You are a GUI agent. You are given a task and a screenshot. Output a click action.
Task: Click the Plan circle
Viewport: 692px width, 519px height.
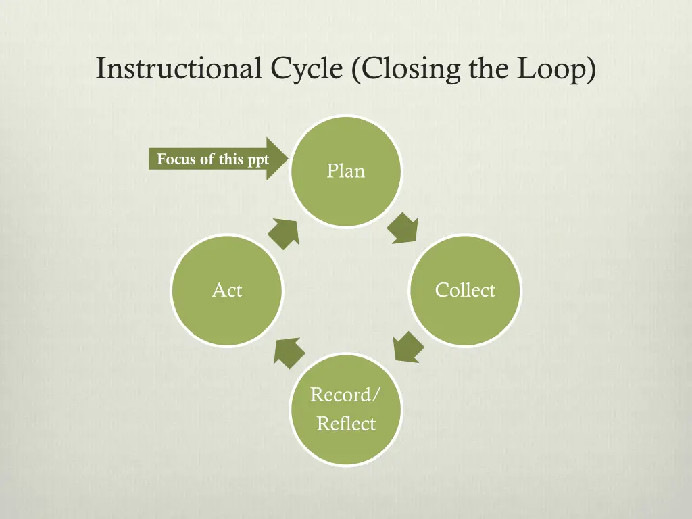pyautogui.click(x=345, y=171)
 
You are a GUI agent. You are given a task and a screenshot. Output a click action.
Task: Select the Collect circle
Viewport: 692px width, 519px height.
pyautogui.click(x=465, y=291)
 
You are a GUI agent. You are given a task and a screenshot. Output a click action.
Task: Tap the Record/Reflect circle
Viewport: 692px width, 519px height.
pyautogui.click(x=345, y=410)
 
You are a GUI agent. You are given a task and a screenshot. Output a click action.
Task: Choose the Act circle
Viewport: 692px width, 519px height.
pyautogui.click(x=227, y=291)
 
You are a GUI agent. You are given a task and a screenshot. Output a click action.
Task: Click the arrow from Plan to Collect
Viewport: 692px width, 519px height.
pyautogui.click(x=403, y=228)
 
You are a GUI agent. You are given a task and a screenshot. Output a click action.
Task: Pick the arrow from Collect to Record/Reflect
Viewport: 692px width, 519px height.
pyautogui.click(x=408, y=346)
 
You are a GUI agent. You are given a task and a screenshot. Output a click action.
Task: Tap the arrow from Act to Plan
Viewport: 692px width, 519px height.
pyautogui.click(x=284, y=232)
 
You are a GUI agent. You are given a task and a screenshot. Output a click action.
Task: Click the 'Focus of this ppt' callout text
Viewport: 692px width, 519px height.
pyautogui.click(x=213, y=159)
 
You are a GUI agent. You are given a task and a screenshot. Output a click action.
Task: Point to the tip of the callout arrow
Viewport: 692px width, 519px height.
pyautogui.click(x=288, y=159)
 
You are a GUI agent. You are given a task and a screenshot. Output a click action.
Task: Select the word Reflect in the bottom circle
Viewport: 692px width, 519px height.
pyautogui.click(x=346, y=424)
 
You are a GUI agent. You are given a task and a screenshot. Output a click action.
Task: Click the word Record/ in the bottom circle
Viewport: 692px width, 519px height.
pyautogui.click(x=345, y=395)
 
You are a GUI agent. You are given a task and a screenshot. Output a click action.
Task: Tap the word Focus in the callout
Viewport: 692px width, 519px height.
pyautogui.click(x=172, y=159)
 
